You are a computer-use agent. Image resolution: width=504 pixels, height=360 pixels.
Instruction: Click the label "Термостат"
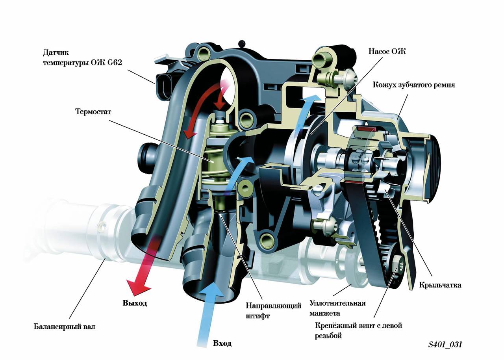click(x=93, y=111)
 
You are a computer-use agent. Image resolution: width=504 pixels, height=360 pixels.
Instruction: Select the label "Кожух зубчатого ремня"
click(x=414, y=85)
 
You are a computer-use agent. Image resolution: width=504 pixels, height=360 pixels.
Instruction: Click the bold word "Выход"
click(x=135, y=303)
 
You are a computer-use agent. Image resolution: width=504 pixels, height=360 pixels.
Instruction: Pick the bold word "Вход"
click(x=222, y=343)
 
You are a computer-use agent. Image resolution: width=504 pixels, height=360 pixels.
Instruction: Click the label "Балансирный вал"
click(x=64, y=327)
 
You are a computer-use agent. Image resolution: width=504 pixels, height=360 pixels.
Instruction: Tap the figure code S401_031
click(x=445, y=345)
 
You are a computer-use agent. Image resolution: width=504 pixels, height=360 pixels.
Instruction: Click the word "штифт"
click(x=258, y=315)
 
